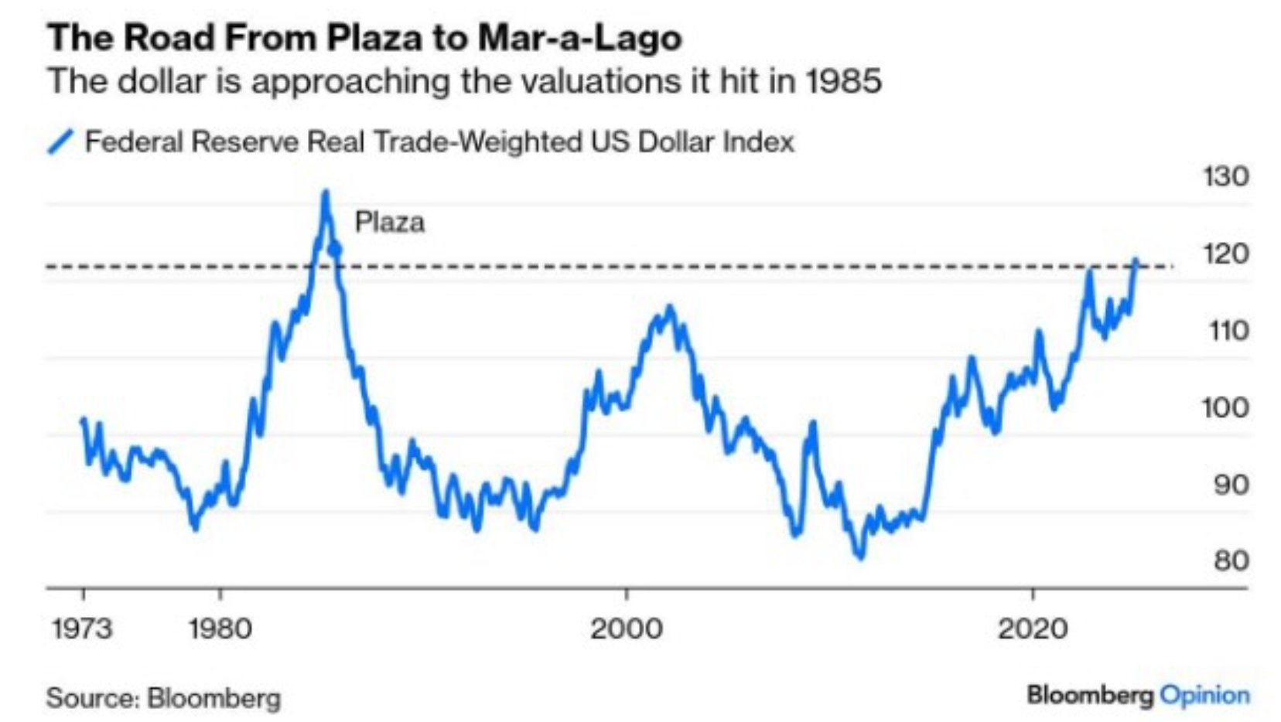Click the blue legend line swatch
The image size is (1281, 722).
coord(60,142)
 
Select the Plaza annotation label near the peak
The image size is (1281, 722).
coord(389,223)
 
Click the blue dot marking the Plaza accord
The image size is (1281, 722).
coord(335,249)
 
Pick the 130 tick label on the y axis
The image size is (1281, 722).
coord(1225,177)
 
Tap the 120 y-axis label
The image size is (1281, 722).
coord(1225,254)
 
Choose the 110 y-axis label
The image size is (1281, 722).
coord(1228,331)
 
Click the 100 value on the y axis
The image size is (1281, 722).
coord(1225,407)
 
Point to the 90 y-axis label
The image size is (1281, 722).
coord(1230,485)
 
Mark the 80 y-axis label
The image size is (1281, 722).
coord(1230,560)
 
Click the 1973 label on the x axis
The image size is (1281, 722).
coord(82,628)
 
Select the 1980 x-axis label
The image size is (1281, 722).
coord(220,628)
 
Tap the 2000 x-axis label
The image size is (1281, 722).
coord(626,628)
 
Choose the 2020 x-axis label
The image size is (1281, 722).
coord(1033,628)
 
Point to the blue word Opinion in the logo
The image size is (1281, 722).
coord(1205,695)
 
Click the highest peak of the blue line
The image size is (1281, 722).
coord(326,192)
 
